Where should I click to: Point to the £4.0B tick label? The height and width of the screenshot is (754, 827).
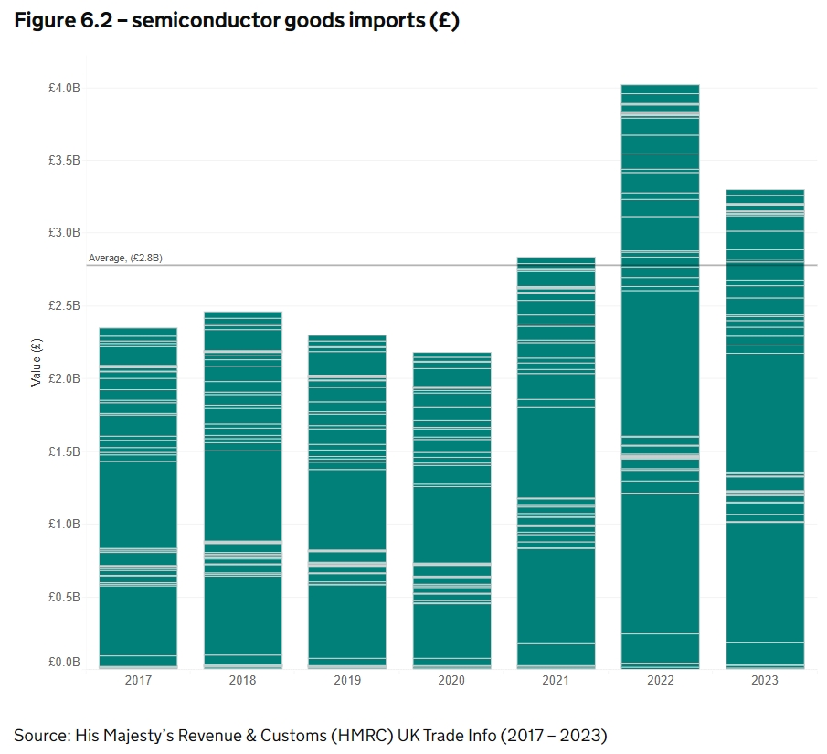[x=65, y=88]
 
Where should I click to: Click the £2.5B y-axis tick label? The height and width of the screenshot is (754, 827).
[x=65, y=305]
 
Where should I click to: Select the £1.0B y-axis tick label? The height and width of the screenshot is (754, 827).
[x=65, y=524]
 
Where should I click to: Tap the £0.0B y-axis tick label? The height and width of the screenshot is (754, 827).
[x=65, y=662]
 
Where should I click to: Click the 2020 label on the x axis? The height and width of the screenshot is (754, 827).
[x=451, y=681]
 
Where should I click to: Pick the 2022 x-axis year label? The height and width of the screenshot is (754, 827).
[x=660, y=681]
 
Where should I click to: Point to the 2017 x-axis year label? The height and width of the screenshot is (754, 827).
[x=138, y=681]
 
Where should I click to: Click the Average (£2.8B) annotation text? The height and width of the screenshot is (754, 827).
[x=125, y=259]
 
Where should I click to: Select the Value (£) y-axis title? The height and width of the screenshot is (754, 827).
[x=37, y=362]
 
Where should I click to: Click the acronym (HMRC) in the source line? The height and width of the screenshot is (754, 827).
[x=351, y=735]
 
